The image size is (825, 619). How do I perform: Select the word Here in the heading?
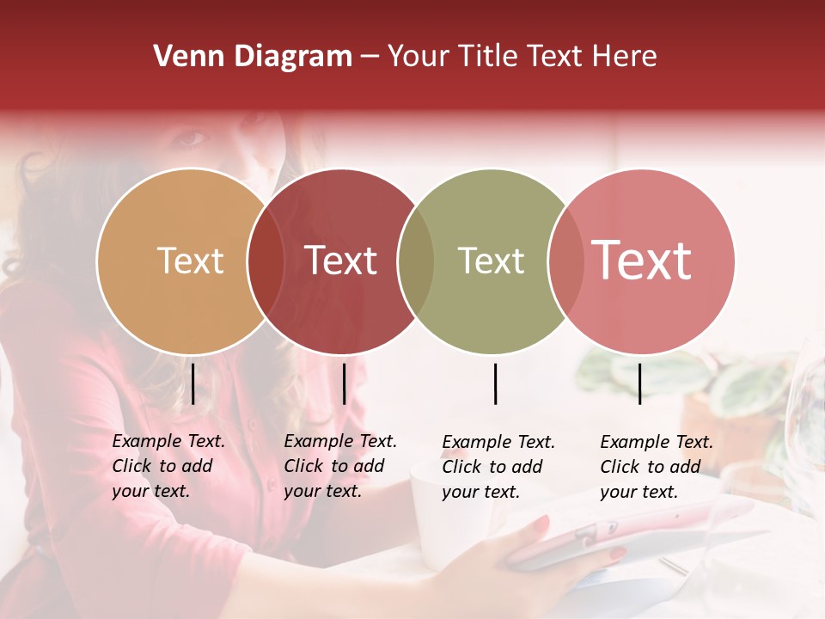[628, 57]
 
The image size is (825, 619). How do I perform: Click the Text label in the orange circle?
[190, 260]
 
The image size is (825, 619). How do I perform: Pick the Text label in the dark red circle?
[341, 260]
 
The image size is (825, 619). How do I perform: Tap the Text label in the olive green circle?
[491, 260]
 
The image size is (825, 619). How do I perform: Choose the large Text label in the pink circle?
[642, 260]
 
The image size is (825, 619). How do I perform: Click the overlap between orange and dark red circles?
[266, 260]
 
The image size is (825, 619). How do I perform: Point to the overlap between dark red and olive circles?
[416, 260]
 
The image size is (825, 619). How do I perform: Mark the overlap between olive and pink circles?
[566, 260]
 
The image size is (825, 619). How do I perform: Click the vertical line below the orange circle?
[193, 383]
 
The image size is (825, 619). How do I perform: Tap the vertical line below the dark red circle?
[344, 383]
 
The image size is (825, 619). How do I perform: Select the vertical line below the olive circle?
[495, 383]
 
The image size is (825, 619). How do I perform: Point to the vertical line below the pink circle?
[639, 383]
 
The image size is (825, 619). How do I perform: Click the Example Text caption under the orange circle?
[168, 466]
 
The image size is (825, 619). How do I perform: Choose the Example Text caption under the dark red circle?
[340, 466]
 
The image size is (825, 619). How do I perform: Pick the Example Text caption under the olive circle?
[498, 467]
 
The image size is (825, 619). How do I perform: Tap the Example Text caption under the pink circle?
[657, 467]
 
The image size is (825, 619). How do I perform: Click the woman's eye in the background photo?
[194, 138]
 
